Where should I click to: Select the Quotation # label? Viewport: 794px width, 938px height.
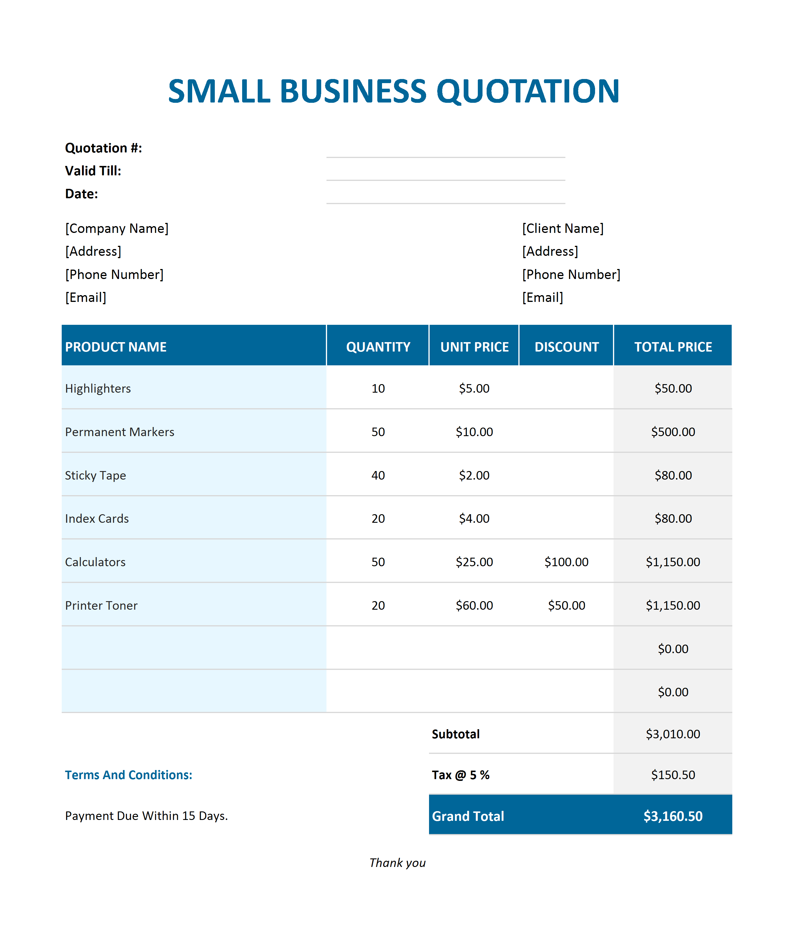[103, 148]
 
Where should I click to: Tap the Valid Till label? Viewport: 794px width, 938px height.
[93, 171]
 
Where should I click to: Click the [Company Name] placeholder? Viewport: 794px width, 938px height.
[117, 228]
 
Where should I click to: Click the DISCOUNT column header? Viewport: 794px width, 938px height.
[566, 347]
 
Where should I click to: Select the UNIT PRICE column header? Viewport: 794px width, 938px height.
[474, 347]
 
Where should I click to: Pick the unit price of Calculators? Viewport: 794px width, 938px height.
[474, 562]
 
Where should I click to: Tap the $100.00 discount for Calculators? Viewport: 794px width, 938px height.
[566, 562]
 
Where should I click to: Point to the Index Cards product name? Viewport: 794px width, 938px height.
[97, 518]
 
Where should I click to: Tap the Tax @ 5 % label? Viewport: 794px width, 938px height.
[460, 775]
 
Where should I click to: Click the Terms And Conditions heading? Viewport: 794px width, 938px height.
[128, 775]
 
